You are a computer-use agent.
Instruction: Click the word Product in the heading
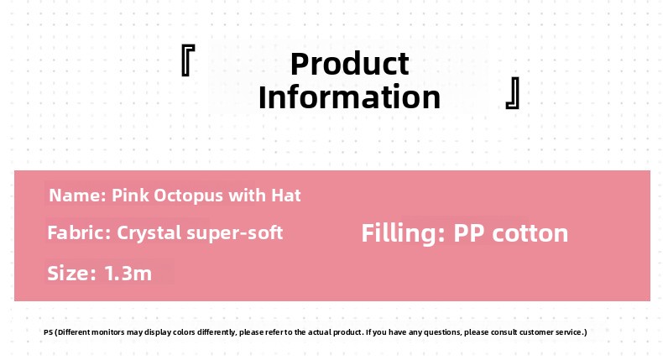coord(350,65)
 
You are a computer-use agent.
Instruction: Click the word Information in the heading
coord(350,97)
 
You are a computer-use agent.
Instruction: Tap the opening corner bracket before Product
coord(188,60)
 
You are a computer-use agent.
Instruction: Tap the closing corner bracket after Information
coord(513,92)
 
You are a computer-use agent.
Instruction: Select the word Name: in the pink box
coord(77,196)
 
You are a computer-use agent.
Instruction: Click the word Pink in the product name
coord(130,196)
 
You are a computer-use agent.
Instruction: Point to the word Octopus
coord(188,196)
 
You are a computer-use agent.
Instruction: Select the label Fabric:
coord(79,232)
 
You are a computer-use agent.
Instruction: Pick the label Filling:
coord(403,233)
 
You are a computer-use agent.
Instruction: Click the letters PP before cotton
coord(469,233)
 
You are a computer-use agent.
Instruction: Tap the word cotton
coord(530,233)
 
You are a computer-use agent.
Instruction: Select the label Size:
coord(72,274)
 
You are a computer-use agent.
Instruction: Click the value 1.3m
coord(128,274)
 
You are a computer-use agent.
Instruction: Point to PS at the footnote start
coord(48,332)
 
